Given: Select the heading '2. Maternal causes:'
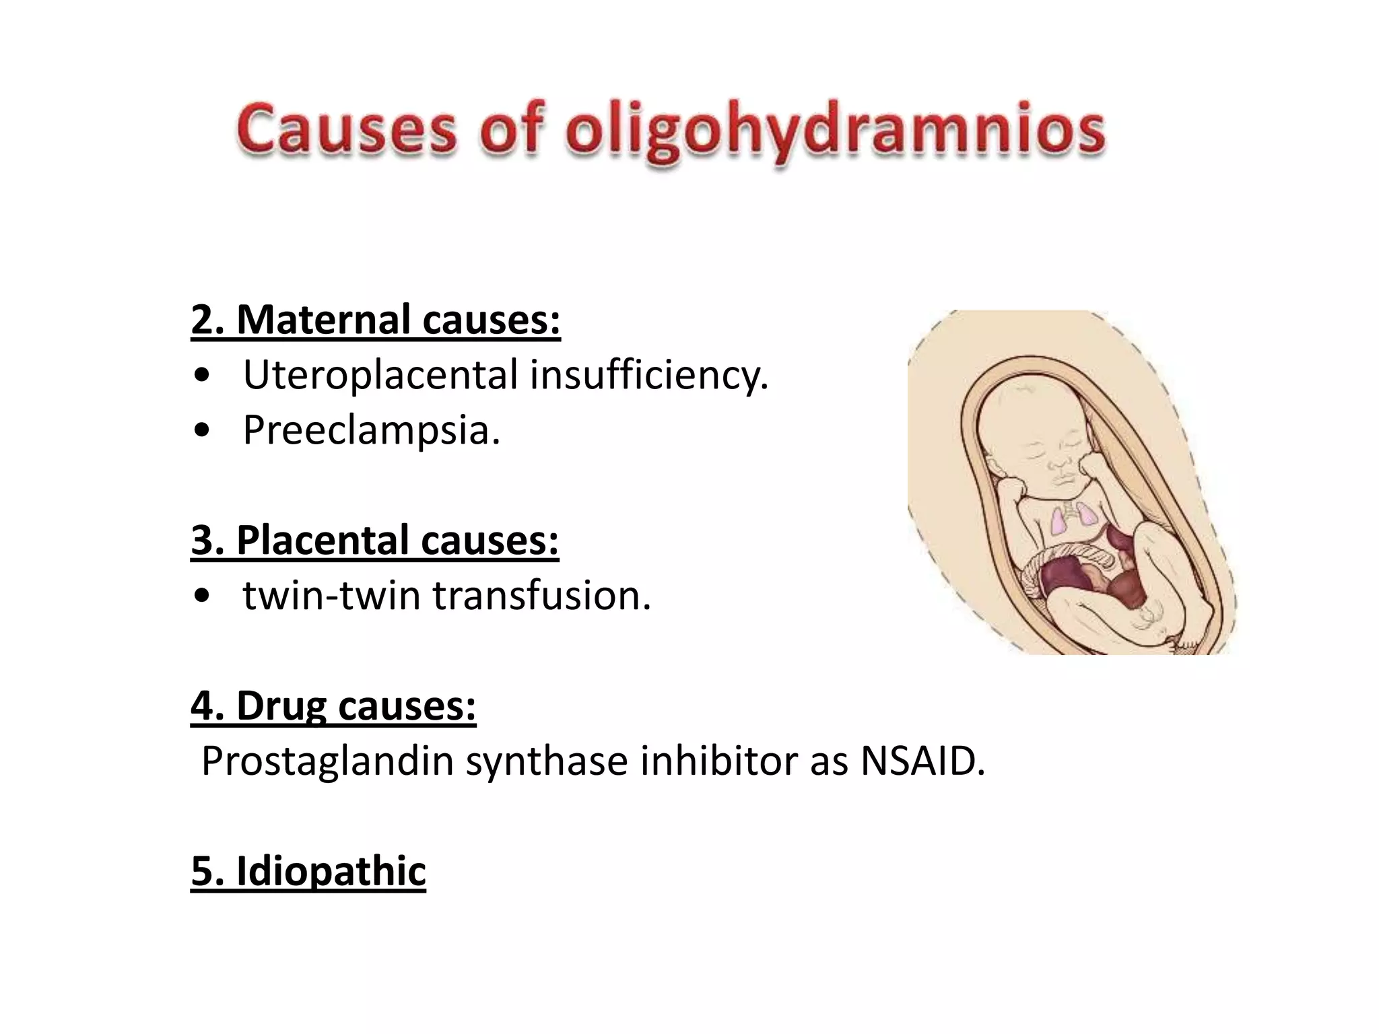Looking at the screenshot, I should point(376,320).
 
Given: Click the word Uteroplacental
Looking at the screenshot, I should point(381,375).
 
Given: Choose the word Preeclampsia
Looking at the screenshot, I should point(371,430).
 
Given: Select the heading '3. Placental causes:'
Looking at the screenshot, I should point(375,541).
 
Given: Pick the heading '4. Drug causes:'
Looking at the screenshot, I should point(333,706).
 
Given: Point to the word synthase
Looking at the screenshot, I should point(547,761).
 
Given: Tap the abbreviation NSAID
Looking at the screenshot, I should point(922,761).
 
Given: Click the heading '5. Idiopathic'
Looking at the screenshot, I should point(308,872).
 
